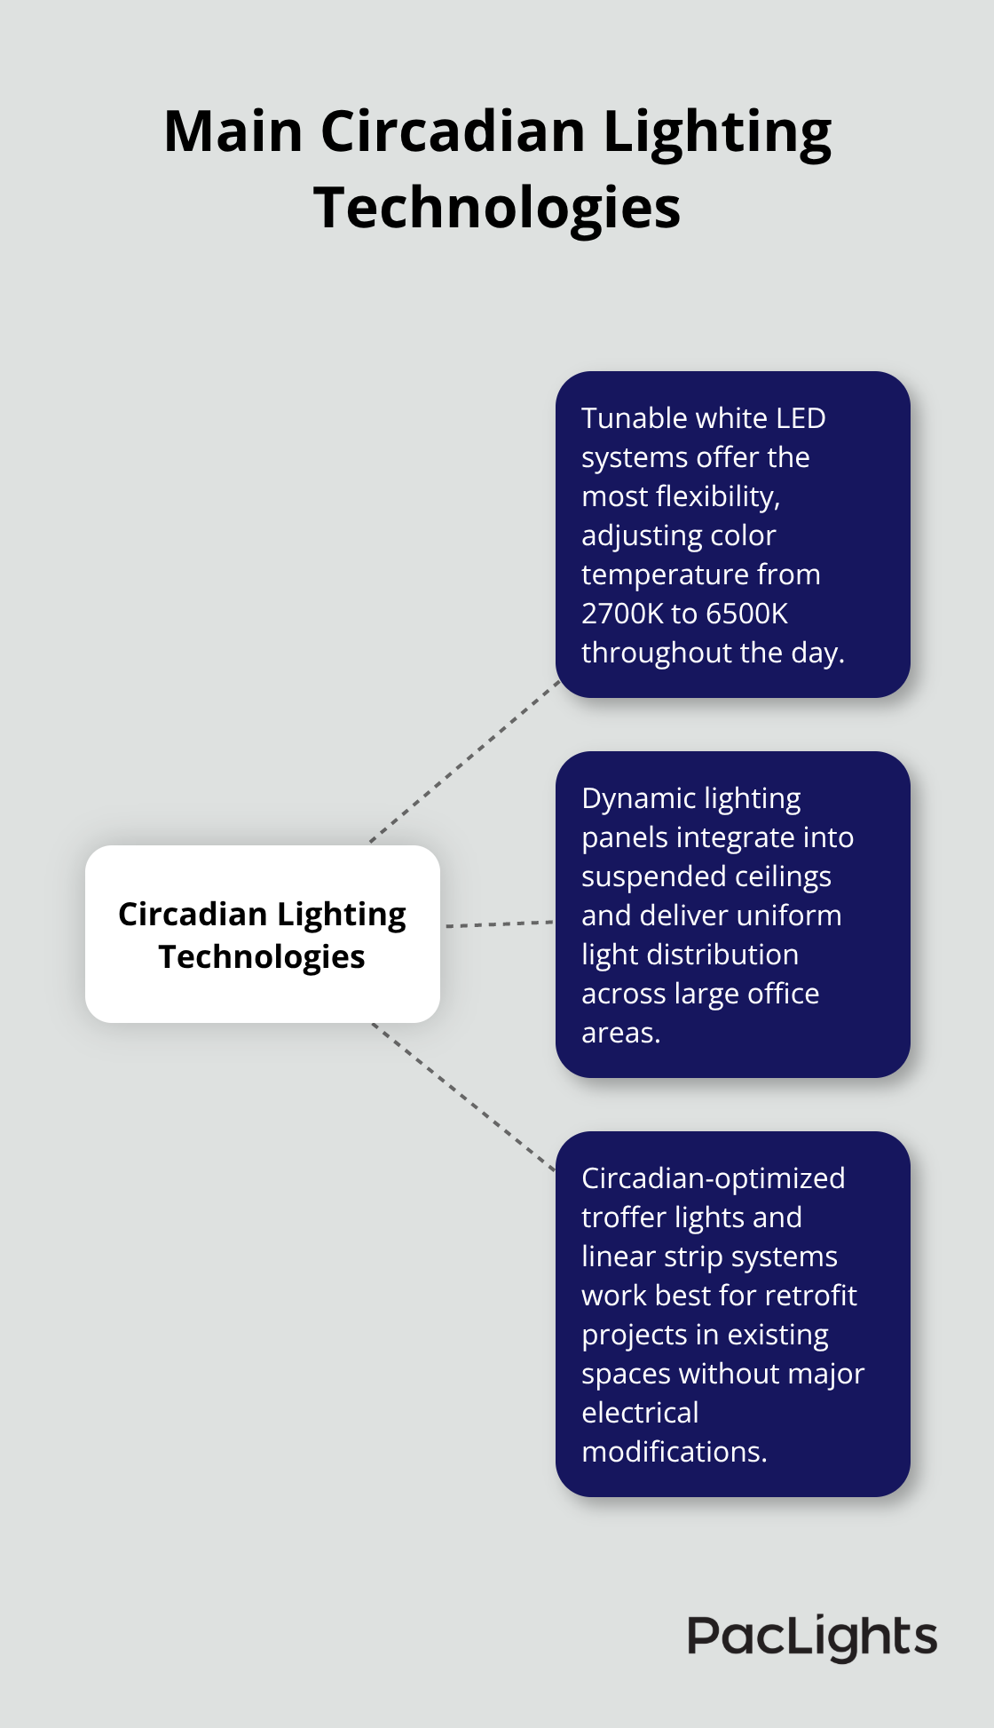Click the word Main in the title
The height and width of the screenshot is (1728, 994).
pyautogui.click(x=233, y=131)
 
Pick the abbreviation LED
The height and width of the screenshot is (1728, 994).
pyautogui.click(x=801, y=418)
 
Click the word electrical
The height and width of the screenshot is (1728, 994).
pyautogui.click(x=640, y=1413)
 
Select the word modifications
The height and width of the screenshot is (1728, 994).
pyautogui.click(x=674, y=1452)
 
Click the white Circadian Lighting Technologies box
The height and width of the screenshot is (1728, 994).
pyautogui.click(x=263, y=934)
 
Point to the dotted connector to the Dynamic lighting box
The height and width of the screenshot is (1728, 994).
pyautogui.click(x=499, y=924)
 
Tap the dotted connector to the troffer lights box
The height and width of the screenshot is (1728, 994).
pyautogui.click(x=463, y=1097)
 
